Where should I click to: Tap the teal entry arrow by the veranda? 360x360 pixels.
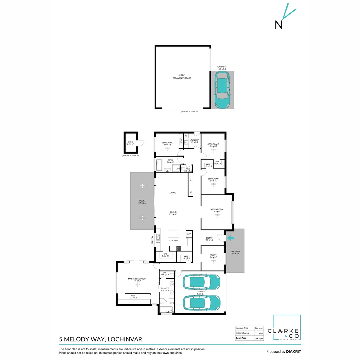(x=230, y=238)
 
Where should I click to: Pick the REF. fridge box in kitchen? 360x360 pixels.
(x=189, y=234)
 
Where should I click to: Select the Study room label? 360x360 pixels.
(x=213, y=256)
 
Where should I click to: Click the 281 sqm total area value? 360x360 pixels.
(x=259, y=338)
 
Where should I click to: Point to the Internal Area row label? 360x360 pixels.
(x=242, y=328)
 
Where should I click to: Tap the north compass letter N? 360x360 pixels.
(x=279, y=25)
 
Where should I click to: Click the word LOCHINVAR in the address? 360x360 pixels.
(x=124, y=339)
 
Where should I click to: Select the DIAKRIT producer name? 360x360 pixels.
(x=293, y=352)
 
